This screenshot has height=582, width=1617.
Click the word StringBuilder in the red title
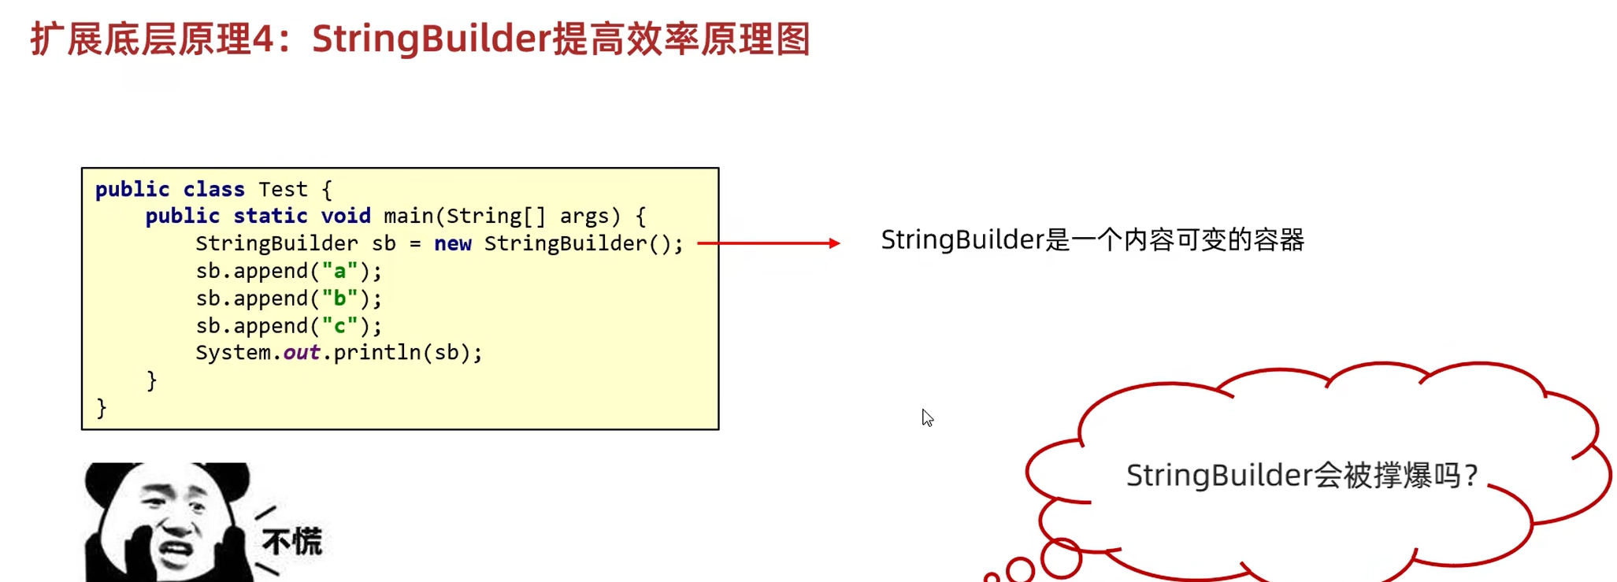tap(431, 39)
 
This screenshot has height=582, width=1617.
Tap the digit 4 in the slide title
tap(263, 39)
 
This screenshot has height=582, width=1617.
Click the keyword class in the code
tap(213, 190)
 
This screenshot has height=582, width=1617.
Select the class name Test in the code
tap(283, 190)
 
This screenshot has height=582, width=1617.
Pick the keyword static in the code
tap(270, 216)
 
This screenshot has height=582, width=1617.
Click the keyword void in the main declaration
tap(345, 216)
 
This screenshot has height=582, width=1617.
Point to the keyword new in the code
tap(452, 243)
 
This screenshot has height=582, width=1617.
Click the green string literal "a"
tap(339, 271)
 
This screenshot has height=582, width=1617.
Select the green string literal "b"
tap(339, 298)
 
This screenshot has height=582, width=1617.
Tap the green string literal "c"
tap(339, 326)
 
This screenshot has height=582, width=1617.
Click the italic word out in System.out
tap(301, 353)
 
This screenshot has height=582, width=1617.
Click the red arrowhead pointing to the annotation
tap(834, 243)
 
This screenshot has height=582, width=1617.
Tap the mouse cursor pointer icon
tap(927, 417)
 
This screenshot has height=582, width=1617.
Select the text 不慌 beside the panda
tap(292, 542)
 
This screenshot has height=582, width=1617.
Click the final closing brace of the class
tap(102, 408)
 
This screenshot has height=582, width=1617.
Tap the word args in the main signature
tap(584, 216)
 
